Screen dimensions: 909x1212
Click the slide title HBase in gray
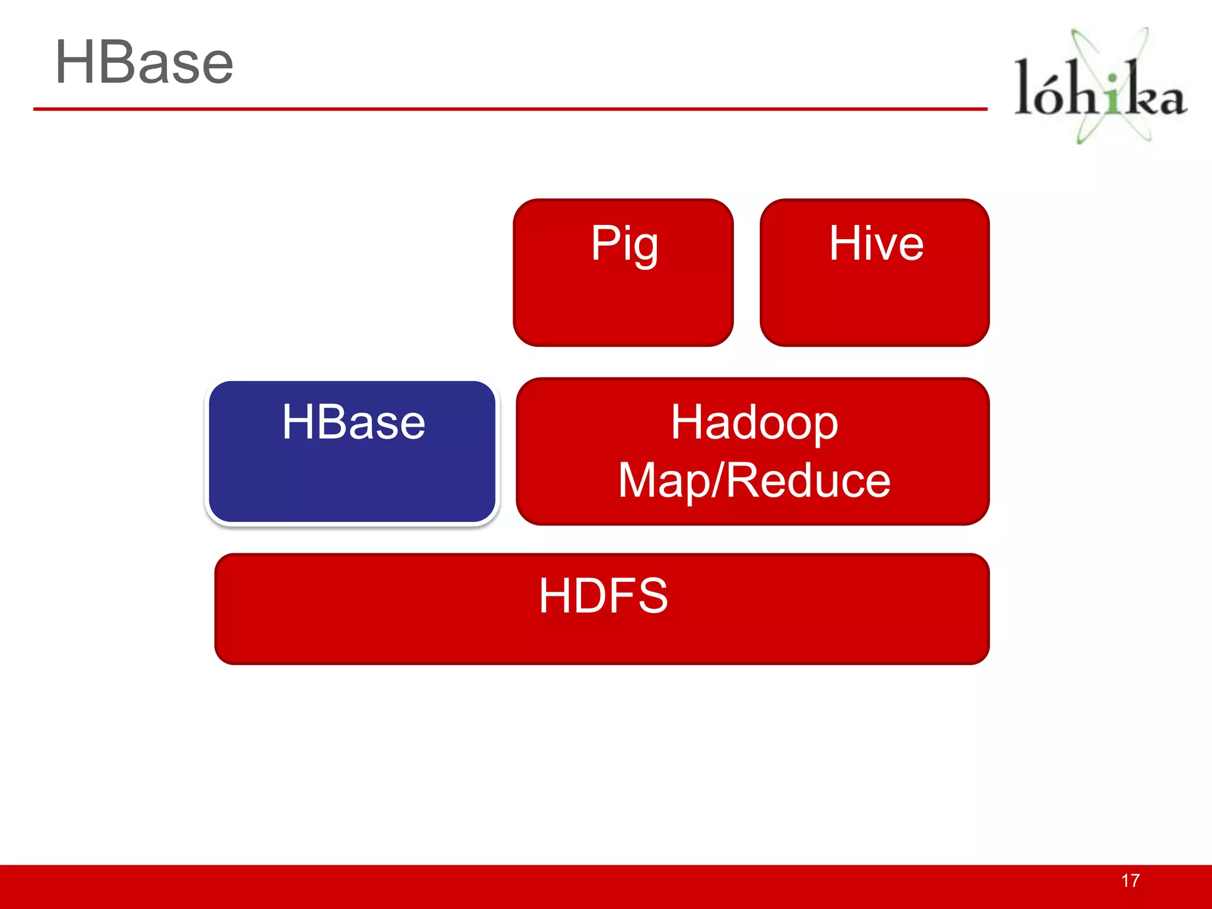coord(144,63)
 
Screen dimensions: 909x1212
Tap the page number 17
coord(1130,881)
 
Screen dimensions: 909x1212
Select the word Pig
coord(624,244)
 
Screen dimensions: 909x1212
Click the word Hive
coord(876,243)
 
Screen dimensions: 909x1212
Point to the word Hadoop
coord(754,423)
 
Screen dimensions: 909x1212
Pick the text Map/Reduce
coord(754,481)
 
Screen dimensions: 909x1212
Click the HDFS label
coord(603,595)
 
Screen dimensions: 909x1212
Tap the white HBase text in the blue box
coord(353,422)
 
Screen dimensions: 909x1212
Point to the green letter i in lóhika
coord(1113,95)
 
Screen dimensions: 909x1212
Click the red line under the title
coord(509,109)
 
